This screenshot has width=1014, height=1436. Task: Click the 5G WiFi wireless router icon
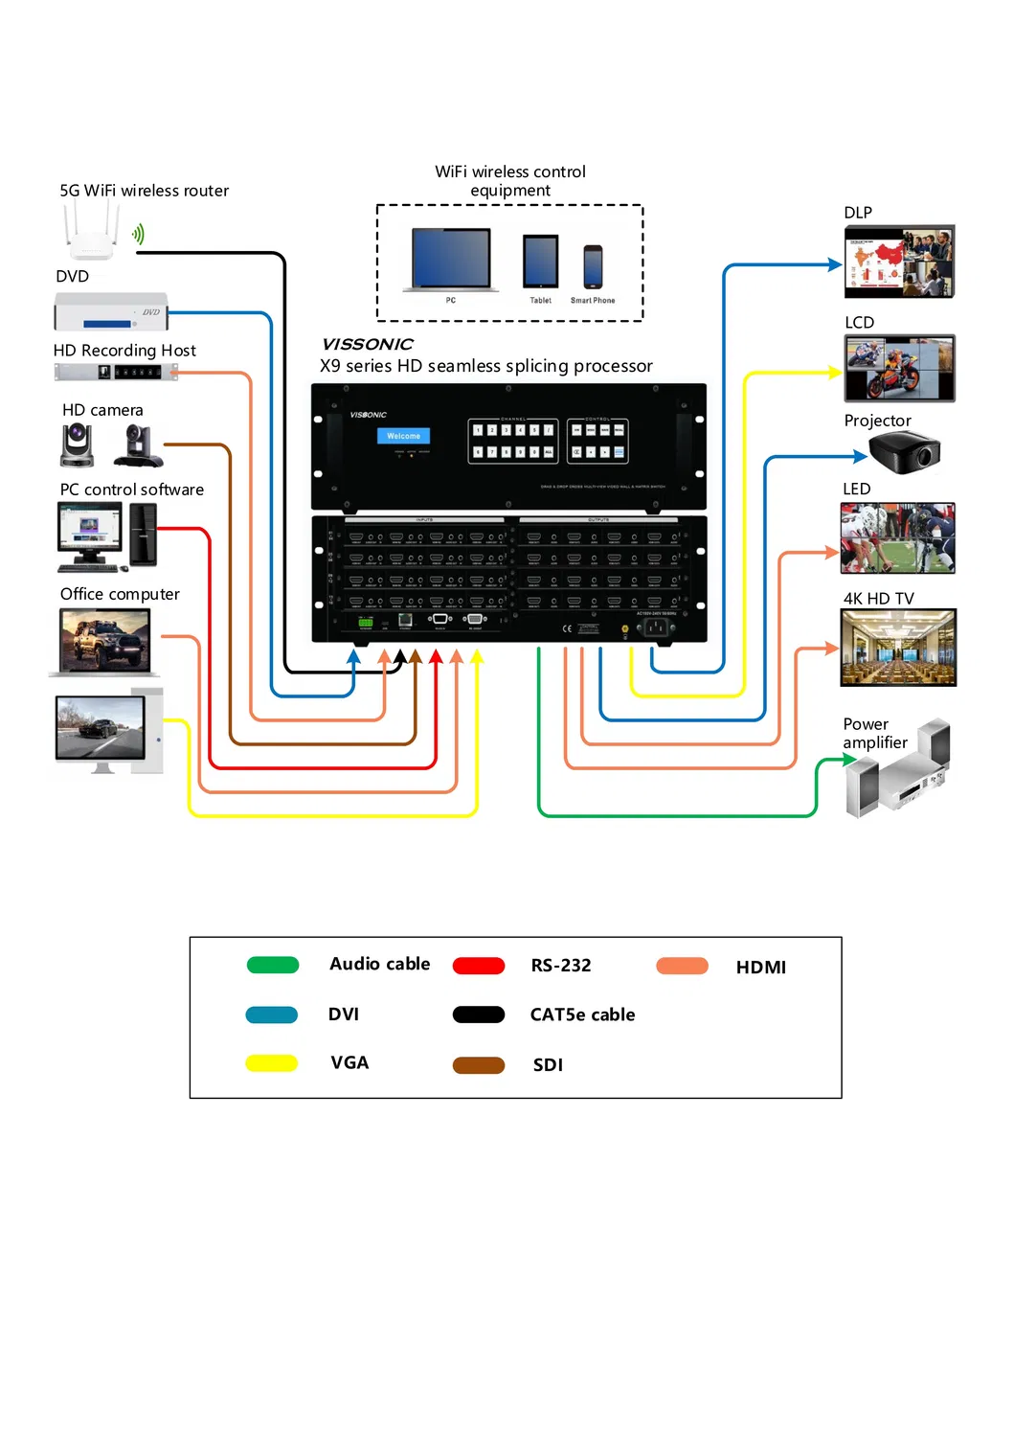tap(92, 233)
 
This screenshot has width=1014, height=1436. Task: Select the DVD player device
tap(110, 312)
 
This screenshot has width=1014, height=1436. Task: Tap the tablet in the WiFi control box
tap(540, 262)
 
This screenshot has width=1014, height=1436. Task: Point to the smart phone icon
tap(593, 267)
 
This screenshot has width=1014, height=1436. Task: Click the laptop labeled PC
tap(451, 260)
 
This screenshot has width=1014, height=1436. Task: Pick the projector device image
tap(906, 452)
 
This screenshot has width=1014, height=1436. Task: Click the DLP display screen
tap(899, 262)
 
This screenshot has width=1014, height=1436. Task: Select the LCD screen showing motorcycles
tap(899, 369)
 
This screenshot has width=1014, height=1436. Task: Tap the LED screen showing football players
tap(897, 538)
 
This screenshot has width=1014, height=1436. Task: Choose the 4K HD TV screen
tap(898, 648)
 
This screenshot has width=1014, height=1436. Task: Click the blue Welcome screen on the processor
tap(403, 436)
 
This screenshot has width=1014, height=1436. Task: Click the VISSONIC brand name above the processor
tap(368, 344)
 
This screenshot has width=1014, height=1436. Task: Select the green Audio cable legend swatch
tap(273, 965)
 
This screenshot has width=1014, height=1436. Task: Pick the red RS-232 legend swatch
tap(479, 966)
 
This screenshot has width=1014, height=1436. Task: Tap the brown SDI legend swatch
tap(479, 1065)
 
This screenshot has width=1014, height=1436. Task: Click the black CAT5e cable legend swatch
tap(479, 1014)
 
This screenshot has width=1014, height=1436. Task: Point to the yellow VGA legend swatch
tap(272, 1063)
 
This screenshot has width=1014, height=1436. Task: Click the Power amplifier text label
tap(874, 734)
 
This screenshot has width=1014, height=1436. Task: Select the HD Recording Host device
tap(116, 372)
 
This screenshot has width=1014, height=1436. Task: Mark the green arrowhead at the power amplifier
tap(849, 760)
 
